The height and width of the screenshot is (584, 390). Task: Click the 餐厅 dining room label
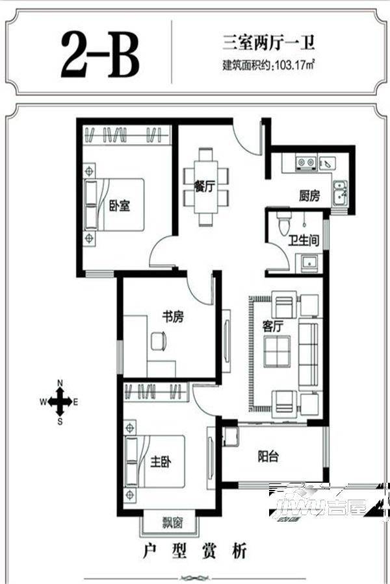pyautogui.click(x=205, y=186)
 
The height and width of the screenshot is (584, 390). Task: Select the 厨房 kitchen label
pyautogui.click(x=309, y=195)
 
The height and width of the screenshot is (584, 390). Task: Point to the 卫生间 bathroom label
pyautogui.click(x=304, y=240)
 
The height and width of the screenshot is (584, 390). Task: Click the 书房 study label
pyautogui.click(x=173, y=317)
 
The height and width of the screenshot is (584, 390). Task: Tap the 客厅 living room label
pyautogui.click(x=272, y=326)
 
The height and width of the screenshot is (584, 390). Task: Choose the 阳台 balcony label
pyautogui.click(x=268, y=456)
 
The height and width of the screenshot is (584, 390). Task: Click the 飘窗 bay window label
pyautogui.click(x=172, y=523)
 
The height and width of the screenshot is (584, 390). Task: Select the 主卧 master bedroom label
pyautogui.click(x=161, y=462)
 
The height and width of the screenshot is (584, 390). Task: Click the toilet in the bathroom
pyautogui.click(x=283, y=223)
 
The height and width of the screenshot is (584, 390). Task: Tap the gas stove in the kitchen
pyautogui.click(x=305, y=163)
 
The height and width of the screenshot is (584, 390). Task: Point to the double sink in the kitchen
pyautogui.click(x=341, y=193)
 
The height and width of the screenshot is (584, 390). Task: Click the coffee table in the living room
pyautogui.click(x=277, y=352)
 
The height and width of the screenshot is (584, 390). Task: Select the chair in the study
pyautogui.click(x=159, y=341)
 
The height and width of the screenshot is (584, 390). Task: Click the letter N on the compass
pyautogui.click(x=60, y=383)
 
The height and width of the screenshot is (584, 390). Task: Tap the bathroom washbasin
pyautogui.click(x=309, y=262)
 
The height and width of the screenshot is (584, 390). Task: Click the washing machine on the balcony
pyautogui.click(x=231, y=437)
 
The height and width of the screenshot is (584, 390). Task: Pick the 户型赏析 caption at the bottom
pyautogui.click(x=195, y=551)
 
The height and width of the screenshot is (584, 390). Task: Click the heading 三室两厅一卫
pyautogui.click(x=268, y=42)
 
